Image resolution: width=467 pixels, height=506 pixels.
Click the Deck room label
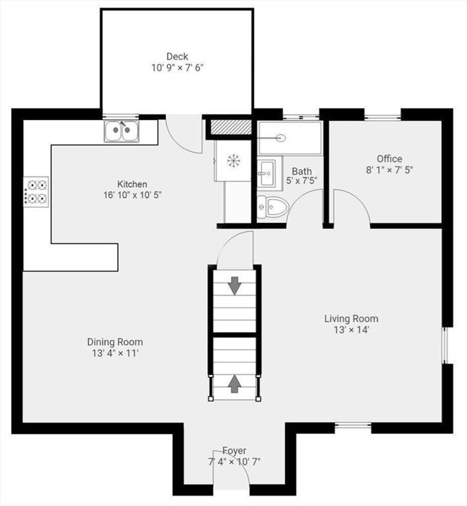pyautogui.click(x=177, y=57)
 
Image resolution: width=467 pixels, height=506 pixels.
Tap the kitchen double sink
pyautogui.click(x=121, y=131)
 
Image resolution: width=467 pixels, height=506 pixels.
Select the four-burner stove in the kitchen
pyautogui.click(x=36, y=192)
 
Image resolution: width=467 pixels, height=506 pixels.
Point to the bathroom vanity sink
pyautogui.click(x=266, y=173)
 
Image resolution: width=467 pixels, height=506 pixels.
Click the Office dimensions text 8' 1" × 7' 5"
pyautogui.click(x=389, y=170)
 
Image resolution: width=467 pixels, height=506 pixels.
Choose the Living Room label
pyautogui.click(x=351, y=318)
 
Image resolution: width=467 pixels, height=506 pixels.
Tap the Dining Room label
pyautogui.click(x=115, y=342)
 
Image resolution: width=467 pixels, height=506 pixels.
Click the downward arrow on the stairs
pyautogui.click(x=234, y=285)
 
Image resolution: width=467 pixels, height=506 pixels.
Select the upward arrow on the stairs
pyautogui.click(x=234, y=383)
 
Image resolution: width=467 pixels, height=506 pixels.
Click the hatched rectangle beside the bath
pyautogui.click(x=231, y=126)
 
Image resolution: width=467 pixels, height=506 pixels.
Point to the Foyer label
pyautogui.click(x=234, y=450)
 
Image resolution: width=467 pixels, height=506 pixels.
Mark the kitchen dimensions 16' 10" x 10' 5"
pyautogui.click(x=132, y=195)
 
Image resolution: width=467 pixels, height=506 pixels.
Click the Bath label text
pyautogui.click(x=301, y=171)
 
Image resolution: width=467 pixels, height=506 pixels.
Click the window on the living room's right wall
pyautogui.click(x=445, y=345)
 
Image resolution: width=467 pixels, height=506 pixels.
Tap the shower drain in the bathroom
pyautogui.click(x=281, y=138)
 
